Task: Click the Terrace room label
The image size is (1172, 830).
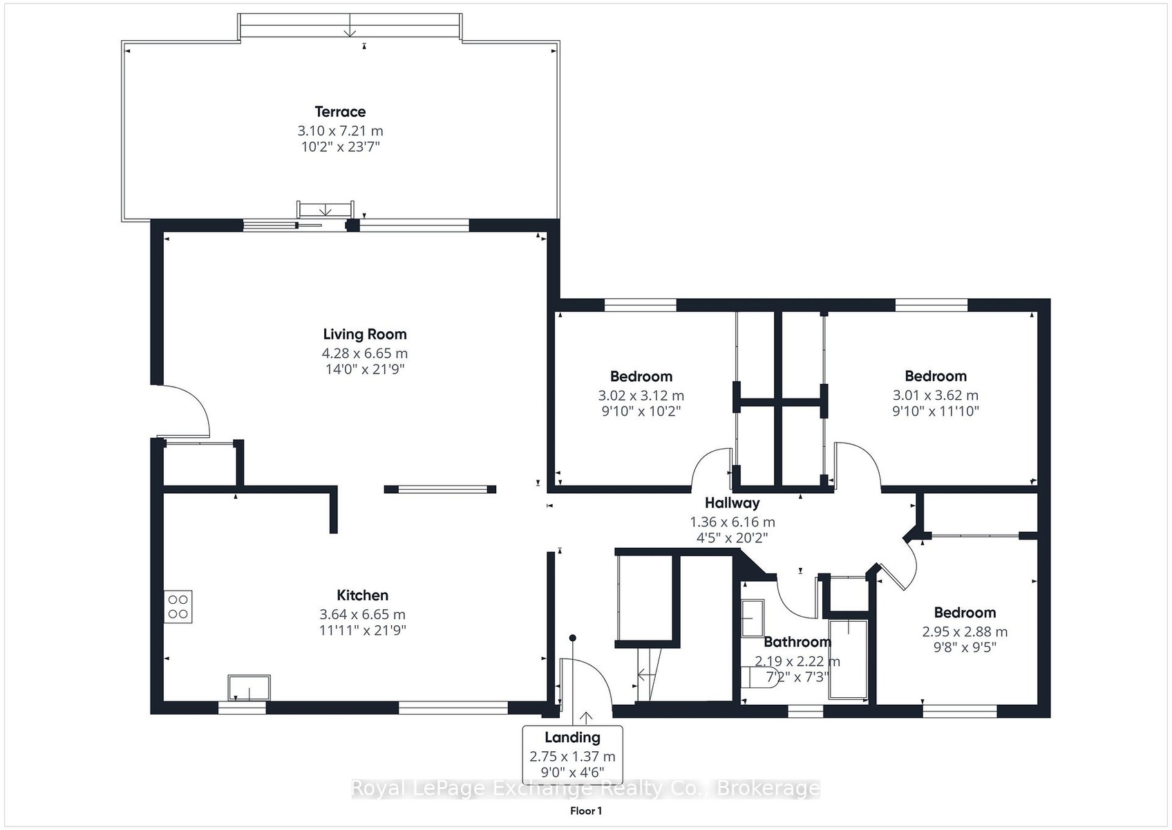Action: click(x=340, y=111)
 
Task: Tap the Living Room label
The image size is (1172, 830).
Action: click(x=365, y=334)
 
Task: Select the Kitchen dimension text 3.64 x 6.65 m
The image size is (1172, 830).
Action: click(x=363, y=614)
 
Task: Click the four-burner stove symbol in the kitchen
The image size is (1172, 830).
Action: click(x=178, y=607)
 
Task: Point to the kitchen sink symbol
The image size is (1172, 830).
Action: click(x=249, y=688)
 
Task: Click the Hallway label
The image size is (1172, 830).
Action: click(x=732, y=504)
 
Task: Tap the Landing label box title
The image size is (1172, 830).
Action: click(x=572, y=737)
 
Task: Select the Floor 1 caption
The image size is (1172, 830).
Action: click(x=586, y=811)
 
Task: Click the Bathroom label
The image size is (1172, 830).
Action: click(x=797, y=642)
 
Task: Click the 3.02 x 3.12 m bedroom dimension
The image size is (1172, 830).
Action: click(x=641, y=396)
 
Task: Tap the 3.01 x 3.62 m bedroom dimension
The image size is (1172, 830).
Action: click(x=936, y=395)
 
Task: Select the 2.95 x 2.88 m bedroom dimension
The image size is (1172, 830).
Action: click(x=965, y=631)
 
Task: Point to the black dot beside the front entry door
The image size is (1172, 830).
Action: click(x=572, y=638)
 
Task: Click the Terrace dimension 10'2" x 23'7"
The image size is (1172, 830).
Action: click(x=340, y=147)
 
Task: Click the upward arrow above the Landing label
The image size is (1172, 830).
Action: click(x=586, y=718)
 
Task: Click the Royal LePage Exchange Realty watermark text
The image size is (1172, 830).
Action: click(x=585, y=788)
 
